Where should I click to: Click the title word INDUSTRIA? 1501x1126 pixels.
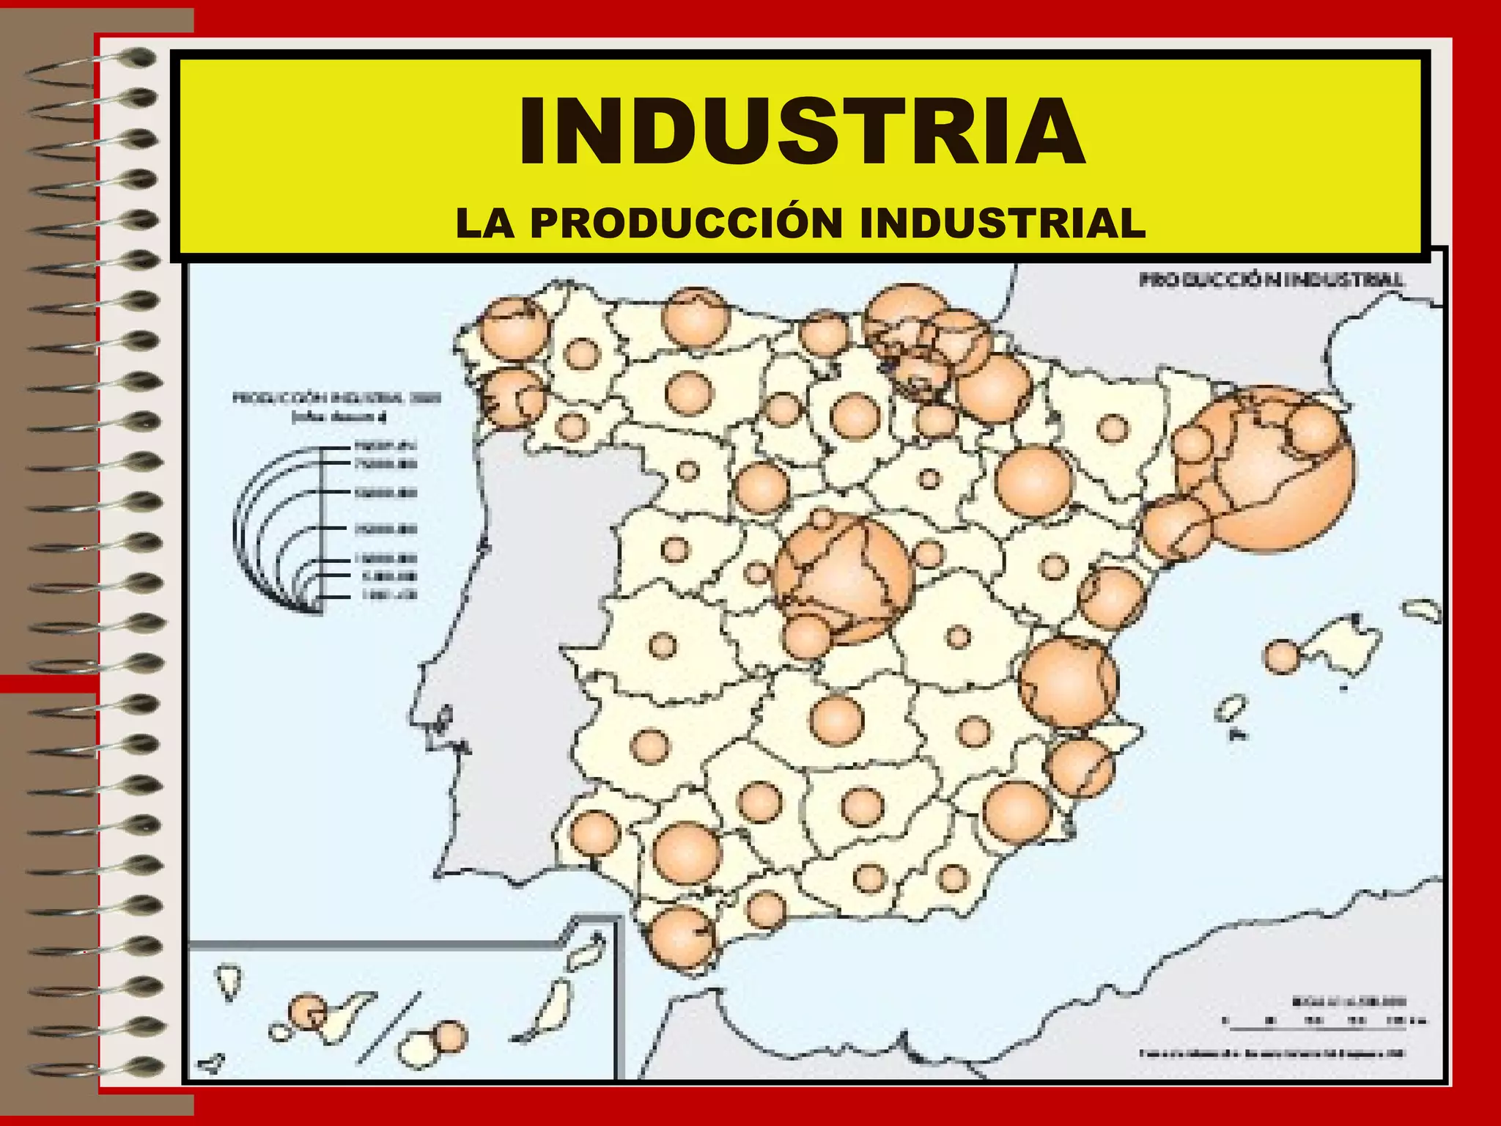tap(802, 132)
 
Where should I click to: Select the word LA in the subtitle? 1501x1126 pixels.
tap(484, 223)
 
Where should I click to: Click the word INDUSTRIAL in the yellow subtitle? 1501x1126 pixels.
tap(1002, 223)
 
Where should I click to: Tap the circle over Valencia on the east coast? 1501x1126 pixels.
tap(1069, 682)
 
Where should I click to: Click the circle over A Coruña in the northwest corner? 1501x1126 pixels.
tap(515, 328)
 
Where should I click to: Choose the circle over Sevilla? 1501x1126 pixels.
tap(686, 853)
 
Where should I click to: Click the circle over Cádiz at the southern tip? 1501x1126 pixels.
tap(682, 938)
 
